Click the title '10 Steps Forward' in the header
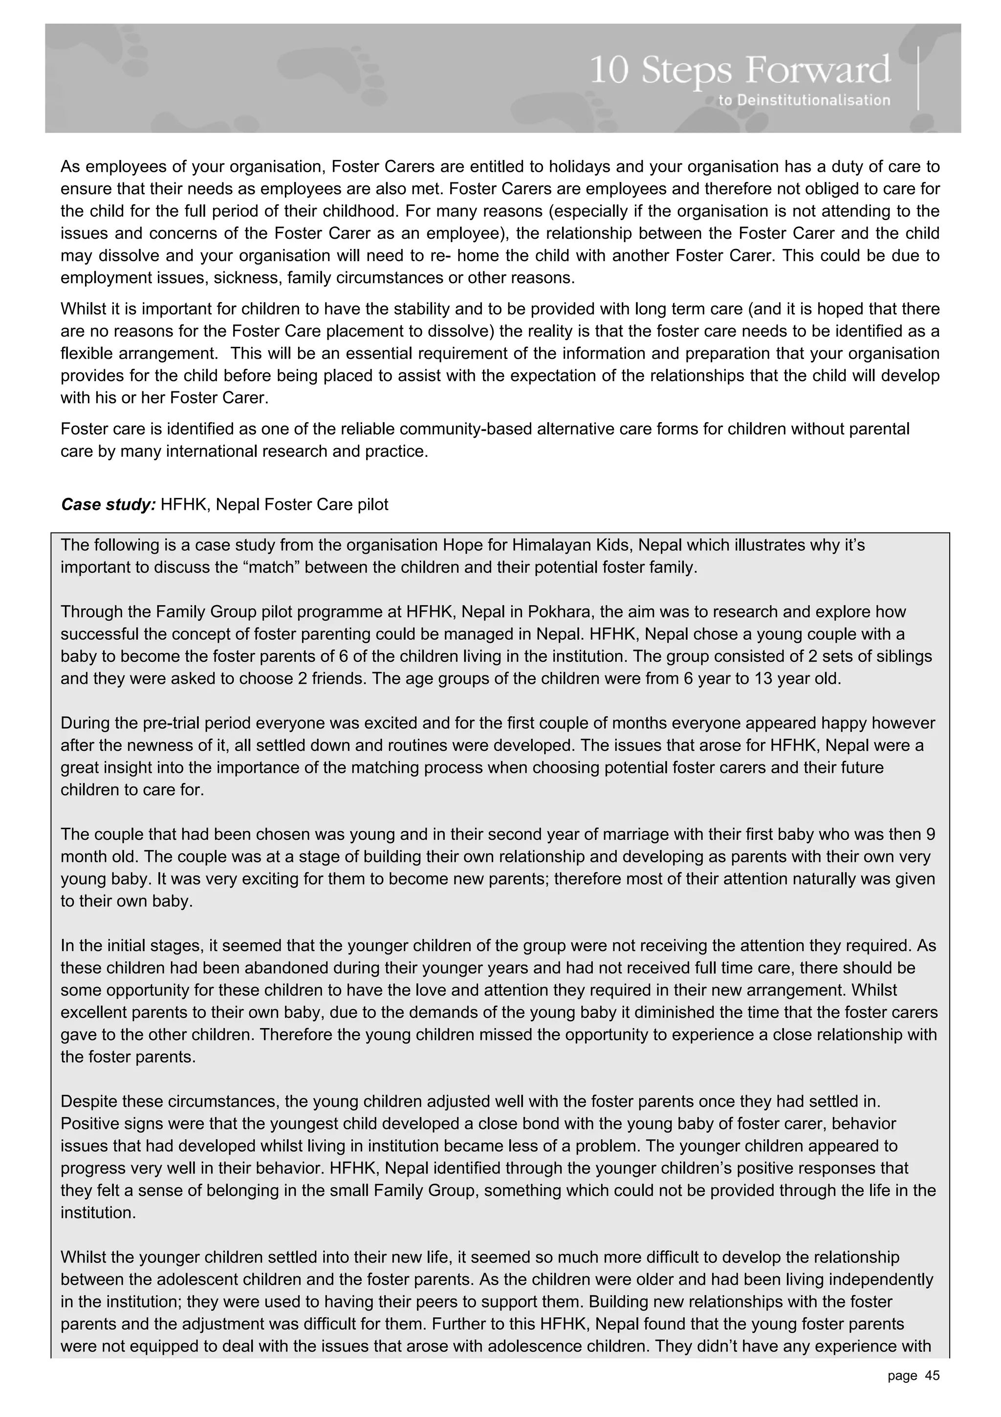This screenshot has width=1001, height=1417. point(740,70)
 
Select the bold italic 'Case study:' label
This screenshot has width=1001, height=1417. point(108,504)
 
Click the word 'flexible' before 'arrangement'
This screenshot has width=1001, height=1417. point(89,354)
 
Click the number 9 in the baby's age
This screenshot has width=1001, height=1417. point(930,834)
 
